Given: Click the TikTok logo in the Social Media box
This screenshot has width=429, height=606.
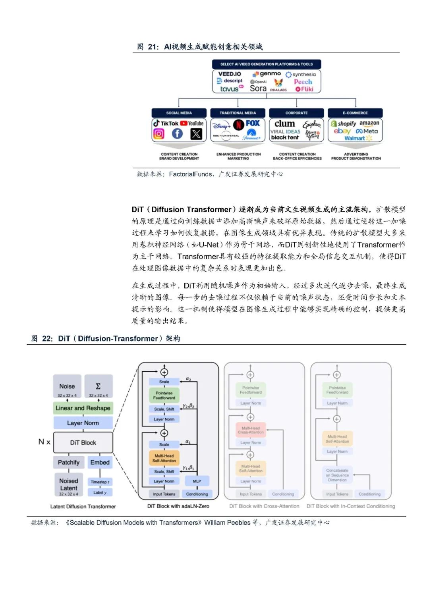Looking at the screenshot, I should pos(166,124).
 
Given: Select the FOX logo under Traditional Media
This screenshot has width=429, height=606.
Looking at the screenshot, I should pos(252,124).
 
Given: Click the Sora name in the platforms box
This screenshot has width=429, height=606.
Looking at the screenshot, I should pos(258,89).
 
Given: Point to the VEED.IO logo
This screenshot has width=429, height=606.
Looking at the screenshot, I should pos(230,74).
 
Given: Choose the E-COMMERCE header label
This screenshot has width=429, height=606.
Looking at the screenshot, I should pos(355,113).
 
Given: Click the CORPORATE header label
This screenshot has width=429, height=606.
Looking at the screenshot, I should pos(296,113).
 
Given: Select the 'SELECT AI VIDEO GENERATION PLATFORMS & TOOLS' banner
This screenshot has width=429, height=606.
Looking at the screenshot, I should pos(267,64).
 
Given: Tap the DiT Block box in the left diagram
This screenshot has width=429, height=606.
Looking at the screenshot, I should pos(83,442).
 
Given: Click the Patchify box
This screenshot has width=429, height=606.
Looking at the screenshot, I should pos(68,462).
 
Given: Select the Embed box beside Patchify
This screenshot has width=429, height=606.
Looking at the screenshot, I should pos(100,462).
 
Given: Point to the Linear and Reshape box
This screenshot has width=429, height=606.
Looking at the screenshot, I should pos(83,408).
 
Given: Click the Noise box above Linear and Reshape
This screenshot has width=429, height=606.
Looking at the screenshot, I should pos(67,386).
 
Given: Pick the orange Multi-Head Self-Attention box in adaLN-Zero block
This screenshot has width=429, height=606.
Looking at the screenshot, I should pos(164,458).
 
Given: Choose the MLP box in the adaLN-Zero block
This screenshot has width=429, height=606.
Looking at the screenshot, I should pos(197,481).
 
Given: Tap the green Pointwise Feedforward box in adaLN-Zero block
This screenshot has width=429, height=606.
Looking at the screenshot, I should pos(164,395).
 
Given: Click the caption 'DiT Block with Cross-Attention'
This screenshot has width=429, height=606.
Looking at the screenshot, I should pos(264,506).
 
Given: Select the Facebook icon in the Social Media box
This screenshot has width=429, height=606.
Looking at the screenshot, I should pos(177,134).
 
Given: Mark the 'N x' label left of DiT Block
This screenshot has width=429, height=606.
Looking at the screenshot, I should pos(44,442).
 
